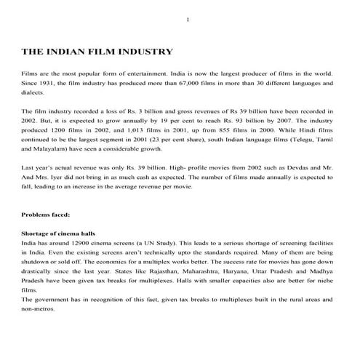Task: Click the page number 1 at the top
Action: pos(188,19)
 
